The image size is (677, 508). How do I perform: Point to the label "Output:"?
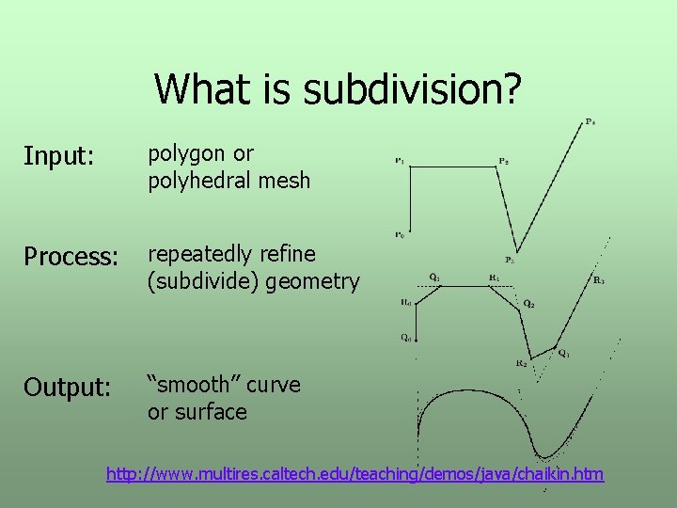click(x=67, y=388)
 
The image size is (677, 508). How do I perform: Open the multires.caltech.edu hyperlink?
click(x=355, y=473)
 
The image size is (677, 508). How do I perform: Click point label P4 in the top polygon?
click(x=590, y=121)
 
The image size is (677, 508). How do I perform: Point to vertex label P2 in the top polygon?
click(x=504, y=161)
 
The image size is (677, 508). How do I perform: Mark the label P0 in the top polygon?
click(x=400, y=234)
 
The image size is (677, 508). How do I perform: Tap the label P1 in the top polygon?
click(x=400, y=161)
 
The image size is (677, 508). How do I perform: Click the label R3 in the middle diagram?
click(x=599, y=279)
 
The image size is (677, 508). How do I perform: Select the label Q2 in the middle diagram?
click(x=529, y=304)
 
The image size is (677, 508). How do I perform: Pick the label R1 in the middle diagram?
click(x=494, y=278)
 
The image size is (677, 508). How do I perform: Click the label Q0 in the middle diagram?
click(x=405, y=337)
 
